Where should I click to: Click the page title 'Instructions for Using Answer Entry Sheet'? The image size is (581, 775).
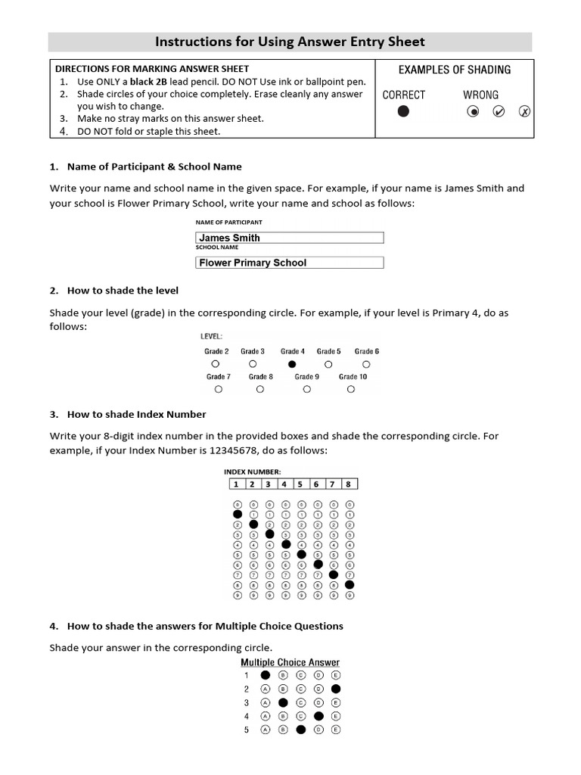pyautogui.click(x=290, y=42)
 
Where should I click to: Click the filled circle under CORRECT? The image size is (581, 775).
pyautogui.click(x=403, y=111)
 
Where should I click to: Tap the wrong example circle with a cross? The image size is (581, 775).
pyautogui.click(x=524, y=112)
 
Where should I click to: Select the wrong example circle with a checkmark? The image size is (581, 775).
pyautogui.click(x=499, y=112)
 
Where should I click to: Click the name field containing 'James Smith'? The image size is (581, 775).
pyautogui.click(x=289, y=238)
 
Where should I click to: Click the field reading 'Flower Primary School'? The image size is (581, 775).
pyautogui.click(x=289, y=263)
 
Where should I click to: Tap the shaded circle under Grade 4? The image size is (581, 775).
pyautogui.click(x=292, y=364)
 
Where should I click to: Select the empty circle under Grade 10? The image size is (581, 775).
pyautogui.click(x=351, y=389)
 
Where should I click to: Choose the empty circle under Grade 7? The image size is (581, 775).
pyautogui.click(x=218, y=389)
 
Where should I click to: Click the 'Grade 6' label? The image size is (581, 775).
pyautogui.click(x=367, y=351)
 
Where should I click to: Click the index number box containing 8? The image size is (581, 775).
pyautogui.click(x=350, y=484)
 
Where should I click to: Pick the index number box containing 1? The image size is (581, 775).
pyautogui.click(x=237, y=484)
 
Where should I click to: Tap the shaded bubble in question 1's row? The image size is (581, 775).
pyautogui.click(x=265, y=675)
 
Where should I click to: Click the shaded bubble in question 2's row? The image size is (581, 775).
pyautogui.click(x=336, y=689)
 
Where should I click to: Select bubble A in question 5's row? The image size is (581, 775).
pyautogui.click(x=265, y=730)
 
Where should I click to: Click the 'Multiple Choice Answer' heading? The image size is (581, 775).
pyautogui.click(x=290, y=662)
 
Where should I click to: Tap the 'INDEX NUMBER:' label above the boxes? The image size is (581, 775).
pyautogui.click(x=252, y=472)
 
